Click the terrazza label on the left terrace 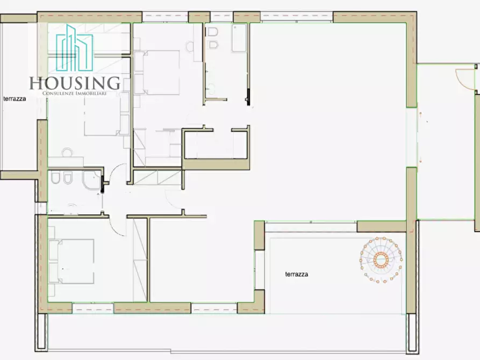click(x=15, y=99)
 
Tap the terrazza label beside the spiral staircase click(x=296, y=274)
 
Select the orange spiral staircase click(x=381, y=260)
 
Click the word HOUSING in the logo click(x=75, y=83)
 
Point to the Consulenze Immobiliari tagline click(x=74, y=93)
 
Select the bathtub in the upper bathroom click(x=239, y=38)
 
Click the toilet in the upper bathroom click(x=213, y=32)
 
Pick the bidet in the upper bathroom click(x=213, y=45)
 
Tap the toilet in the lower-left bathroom click(x=55, y=177)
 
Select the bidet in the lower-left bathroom click(x=68, y=178)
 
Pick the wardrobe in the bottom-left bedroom click(x=140, y=260)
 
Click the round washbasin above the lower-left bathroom click(x=67, y=152)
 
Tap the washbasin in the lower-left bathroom click(x=71, y=207)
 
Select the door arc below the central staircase click(x=171, y=200)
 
